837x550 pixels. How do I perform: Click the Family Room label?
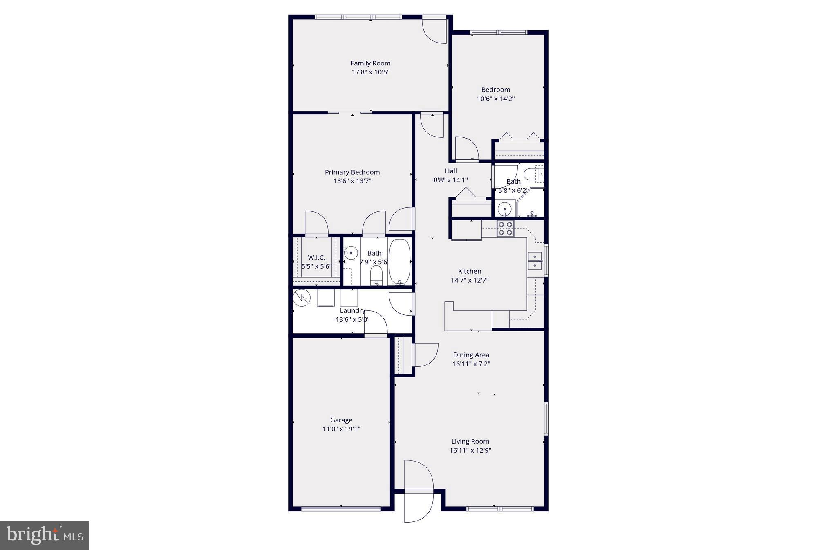coord(370,63)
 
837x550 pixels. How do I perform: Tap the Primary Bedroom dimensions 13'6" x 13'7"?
coord(352,181)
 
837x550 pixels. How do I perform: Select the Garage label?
coord(341,420)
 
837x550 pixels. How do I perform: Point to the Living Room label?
coord(470,441)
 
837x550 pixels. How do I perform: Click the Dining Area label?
coord(471,355)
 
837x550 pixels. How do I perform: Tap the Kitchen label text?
coord(470,271)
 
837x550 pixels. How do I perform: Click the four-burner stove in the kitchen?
coord(505,229)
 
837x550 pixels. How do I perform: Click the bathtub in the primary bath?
coord(399,262)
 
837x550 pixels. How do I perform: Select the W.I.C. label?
coord(316,258)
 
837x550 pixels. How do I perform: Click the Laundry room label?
coord(352,311)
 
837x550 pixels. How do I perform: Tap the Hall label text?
coord(451,171)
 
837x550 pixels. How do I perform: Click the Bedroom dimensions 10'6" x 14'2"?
coord(495,99)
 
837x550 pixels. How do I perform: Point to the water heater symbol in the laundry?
coord(302,298)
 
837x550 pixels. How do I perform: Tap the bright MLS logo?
coord(45,535)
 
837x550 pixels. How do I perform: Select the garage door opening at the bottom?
coord(341,509)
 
